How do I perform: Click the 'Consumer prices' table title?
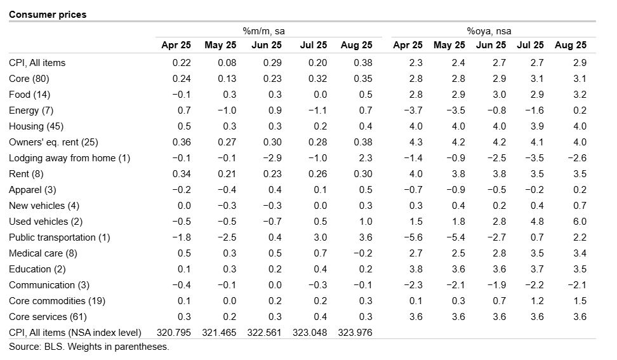(x=48, y=15)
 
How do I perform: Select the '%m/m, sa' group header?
(x=263, y=31)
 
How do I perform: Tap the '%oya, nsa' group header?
(x=489, y=31)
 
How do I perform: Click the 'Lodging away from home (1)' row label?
(x=69, y=158)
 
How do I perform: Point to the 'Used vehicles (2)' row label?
(x=46, y=222)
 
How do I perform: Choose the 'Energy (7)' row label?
(x=31, y=110)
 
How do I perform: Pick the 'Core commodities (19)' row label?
(x=57, y=301)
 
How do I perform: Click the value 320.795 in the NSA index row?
(x=173, y=333)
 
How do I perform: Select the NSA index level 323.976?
(x=355, y=333)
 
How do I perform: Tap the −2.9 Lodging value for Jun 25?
(x=272, y=158)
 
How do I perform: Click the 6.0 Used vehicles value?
(x=580, y=222)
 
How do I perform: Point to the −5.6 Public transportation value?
(x=413, y=237)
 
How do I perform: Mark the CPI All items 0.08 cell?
(x=227, y=63)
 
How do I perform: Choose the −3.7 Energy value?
(x=413, y=110)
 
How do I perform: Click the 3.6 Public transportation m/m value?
(x=366, y=237)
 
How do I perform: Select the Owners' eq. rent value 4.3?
(x=416, y=142)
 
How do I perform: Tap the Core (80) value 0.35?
(x=363, y=79)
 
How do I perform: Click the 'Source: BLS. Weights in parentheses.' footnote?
(x=89, y=347)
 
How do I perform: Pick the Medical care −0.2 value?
(x=363, y=253)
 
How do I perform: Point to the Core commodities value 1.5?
(x=580, y=301)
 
